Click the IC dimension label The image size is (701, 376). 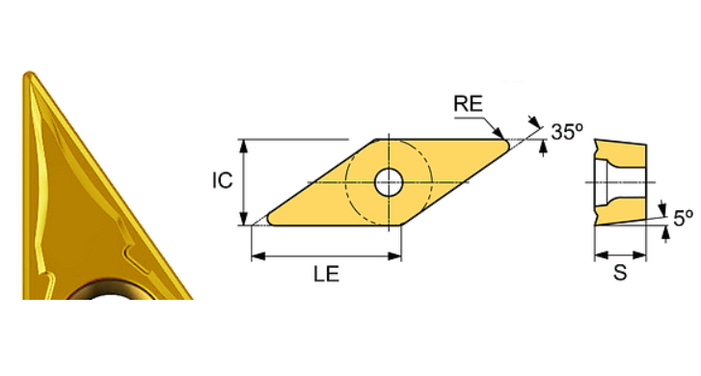click(223, 180)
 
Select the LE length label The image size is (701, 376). click(325, 275)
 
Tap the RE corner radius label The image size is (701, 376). click(469, 104)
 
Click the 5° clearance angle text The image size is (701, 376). click(683, 219)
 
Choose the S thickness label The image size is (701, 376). click(620, 274)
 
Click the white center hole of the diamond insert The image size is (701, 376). click(389, 180)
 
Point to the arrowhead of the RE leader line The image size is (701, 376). click(499, 135)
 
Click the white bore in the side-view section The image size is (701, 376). click(607, 181)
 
